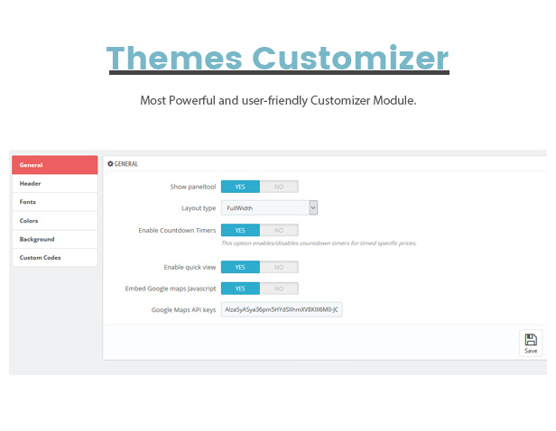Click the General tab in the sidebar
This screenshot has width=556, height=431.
click(54, 165)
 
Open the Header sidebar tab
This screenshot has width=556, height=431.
click(54, 183)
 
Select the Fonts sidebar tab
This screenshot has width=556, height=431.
click(54, 202)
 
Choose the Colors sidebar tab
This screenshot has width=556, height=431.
click(54, 221)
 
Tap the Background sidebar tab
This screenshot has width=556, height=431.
click(54, 239)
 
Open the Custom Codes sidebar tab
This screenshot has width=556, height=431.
click(54, 258)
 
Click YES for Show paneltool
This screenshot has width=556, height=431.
click(240, 187)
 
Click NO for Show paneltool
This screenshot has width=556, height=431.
click(279, 187)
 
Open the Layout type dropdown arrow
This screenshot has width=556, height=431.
click(313, 208)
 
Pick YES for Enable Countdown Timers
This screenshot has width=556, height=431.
click(240, 230)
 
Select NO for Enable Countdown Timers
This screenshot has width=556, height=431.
click(279, 230)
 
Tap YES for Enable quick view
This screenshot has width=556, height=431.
click(240, 267)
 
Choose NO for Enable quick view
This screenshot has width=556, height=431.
click(279, 267)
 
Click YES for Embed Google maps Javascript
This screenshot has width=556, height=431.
click(240, 289)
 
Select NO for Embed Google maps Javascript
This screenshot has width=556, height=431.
click(279, 289)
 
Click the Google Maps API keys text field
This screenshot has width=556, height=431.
click(282, 309)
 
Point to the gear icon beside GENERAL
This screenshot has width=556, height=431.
click(110, 163)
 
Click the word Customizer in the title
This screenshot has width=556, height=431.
click(350, 58)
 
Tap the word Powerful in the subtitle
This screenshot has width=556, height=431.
click(192, 100)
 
